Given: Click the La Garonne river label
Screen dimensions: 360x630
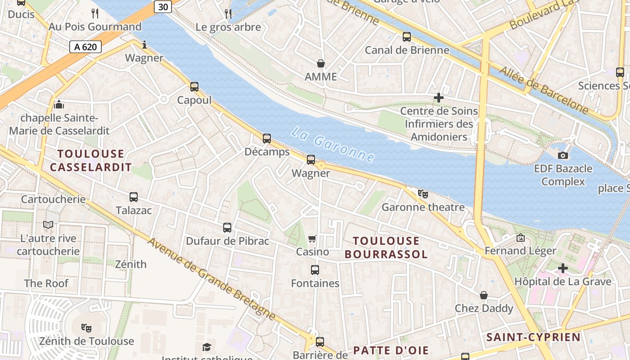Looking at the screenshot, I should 333,144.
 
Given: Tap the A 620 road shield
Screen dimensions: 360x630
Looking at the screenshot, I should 85,46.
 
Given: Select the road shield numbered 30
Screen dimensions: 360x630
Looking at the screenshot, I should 162,7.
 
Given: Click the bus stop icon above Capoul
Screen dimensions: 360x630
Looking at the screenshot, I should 194,86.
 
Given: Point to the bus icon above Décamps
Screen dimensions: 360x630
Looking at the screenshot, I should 267,138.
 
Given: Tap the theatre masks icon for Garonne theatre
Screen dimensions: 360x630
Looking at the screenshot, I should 423,193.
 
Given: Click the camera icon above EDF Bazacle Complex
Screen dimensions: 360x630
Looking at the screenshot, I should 562,155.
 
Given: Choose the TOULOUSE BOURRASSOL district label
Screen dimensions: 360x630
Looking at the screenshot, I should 386,247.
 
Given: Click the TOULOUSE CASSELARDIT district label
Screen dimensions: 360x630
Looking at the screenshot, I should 90,161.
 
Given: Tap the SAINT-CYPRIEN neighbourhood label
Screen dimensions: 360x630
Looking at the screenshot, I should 533,337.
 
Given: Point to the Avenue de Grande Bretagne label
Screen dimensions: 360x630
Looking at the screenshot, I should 211,279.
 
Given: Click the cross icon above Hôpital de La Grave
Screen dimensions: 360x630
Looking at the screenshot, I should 562,268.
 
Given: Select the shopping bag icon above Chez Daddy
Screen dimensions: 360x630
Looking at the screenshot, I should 484,295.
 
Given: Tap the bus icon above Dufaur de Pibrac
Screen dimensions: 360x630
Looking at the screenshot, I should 227,228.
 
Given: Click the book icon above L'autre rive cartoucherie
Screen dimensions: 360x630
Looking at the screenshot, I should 48,225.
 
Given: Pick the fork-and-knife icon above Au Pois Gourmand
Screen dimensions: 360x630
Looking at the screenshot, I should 95,13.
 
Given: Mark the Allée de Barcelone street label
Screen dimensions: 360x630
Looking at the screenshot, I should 544,90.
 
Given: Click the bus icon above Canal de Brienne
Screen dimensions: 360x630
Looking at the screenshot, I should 407,36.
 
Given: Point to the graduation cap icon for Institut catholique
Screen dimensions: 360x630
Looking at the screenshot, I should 207,347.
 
